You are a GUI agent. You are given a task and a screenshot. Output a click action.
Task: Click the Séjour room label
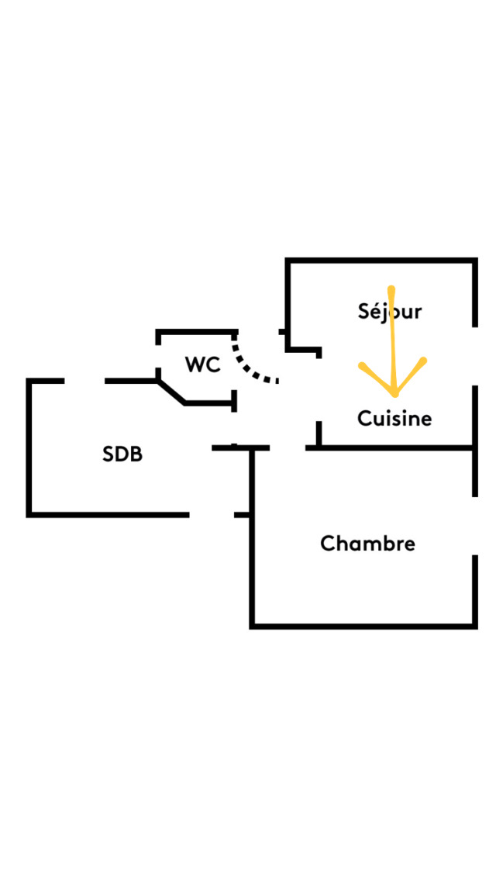tap(390, 312)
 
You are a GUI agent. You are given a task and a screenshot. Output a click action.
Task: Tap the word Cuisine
tap(394, 419)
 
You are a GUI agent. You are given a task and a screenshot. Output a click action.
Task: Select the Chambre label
tap(367, 544)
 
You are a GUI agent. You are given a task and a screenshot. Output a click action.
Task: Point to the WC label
tap(202, 364)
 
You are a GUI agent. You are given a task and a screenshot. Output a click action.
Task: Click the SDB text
tap(122, 454)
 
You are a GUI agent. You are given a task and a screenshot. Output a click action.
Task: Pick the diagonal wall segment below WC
tap(171, 392)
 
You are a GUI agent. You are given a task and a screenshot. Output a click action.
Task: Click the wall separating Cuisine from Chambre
tap(395, 447)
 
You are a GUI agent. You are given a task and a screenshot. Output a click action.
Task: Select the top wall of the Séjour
tap(381, 260)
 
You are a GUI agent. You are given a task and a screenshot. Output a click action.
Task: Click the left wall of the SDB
tap(29, 447)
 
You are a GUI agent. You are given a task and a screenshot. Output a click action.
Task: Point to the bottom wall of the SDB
tap(108, 514)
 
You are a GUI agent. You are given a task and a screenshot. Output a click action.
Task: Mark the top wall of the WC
tap(195, 332)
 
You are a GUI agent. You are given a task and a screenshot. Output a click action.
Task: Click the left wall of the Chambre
tap(252, 543)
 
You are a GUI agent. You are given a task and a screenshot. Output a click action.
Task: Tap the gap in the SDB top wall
tap(84, 381)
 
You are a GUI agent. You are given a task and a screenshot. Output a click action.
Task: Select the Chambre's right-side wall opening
tap(474, 525)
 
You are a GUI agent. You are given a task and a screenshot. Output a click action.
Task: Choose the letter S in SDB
tap(108, 454)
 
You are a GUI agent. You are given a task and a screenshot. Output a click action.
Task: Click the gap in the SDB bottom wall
tap(212, 514)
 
